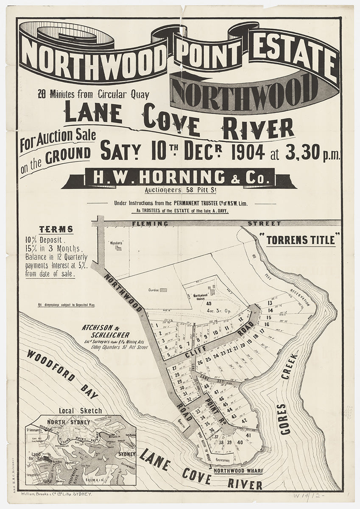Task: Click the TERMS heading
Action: click(56, 229)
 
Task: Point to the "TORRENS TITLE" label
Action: click(301, 240)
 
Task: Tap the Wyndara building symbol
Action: click(118, 248)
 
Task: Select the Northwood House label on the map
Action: click(200, 295)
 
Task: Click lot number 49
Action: click(209, 303)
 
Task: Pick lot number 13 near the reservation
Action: click(269, 303)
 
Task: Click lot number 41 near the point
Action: click(248, 435)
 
